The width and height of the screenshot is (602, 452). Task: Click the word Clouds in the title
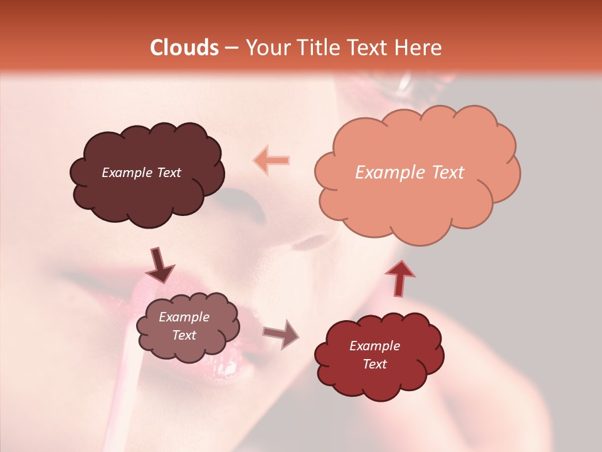click(x=184, y=48)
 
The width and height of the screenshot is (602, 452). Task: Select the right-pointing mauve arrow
click(x=282, y=333)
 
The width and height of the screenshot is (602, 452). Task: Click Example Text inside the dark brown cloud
click(x=141, y=173)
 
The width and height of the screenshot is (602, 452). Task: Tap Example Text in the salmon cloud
click(x=409, y=173)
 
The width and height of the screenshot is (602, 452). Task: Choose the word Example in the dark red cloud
click(x=374, y=346)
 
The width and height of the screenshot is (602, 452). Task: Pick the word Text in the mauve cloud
click(x=184, y=335)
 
